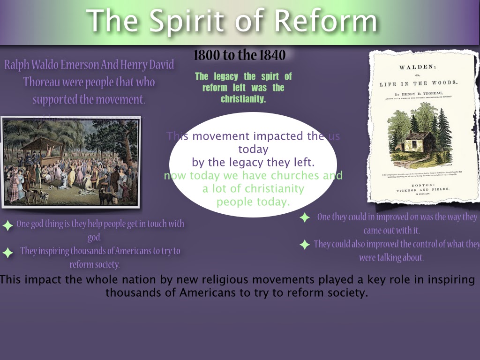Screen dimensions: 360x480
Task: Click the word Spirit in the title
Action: click(x=196, y=21)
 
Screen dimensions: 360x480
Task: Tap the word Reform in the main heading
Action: click(x=326, y=21)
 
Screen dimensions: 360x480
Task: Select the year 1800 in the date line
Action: click(x=207, y=55)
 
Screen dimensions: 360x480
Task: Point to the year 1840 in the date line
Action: click(x=271, y=55)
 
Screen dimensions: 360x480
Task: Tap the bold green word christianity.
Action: click(x=243, y=99)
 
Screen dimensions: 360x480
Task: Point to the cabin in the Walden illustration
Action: click(x=419, y=143)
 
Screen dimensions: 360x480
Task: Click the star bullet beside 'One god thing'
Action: click(x=7, y=225)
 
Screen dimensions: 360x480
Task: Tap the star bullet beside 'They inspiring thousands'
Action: click(x=7, y=253)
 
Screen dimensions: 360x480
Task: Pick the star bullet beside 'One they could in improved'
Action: click(x=305, y=217)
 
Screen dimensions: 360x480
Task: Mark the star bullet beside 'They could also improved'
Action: click(x=305, y=244)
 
